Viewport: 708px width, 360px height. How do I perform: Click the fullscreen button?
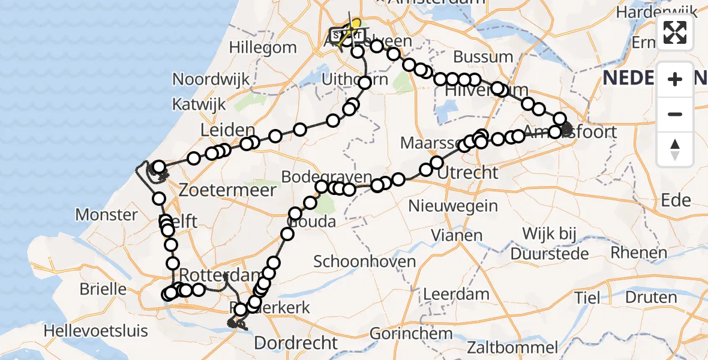pyautogui.click(x=675, y=32)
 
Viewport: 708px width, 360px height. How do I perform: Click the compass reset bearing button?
pyautogui.click(x=675, y=149)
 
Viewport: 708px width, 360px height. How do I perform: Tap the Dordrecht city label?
pyautogui.click(x=296, y=343)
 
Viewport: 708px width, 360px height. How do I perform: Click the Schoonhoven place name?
pyautogui.click(x=365, y=262)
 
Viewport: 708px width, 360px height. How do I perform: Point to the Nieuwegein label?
pyautogui.click(x=453, y=206)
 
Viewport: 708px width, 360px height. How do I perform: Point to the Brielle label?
pyautogui.click(x=103, y=289)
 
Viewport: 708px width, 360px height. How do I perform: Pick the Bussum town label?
pyautogui.click(x=483, y=57)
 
